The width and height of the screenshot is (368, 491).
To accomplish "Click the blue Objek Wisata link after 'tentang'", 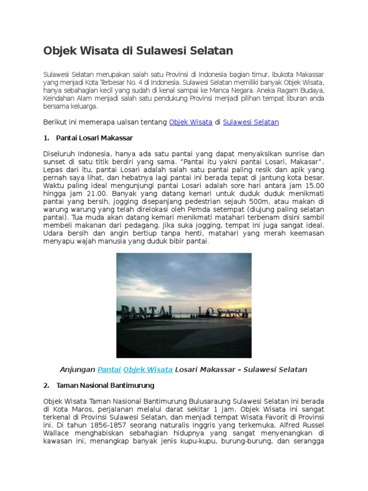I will pyautogui.click(x=191, y=122).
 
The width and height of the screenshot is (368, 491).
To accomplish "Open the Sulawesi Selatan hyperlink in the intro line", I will pyautogui.click(x=251, y=122).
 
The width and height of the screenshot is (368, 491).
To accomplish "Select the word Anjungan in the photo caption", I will pyautogui.click(x=78, y=370).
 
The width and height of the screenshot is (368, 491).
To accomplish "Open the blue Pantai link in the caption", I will pyautogui.click(x=109, y=370).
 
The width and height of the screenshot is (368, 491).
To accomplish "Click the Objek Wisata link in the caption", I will pyautogui.click(x=148, y=370).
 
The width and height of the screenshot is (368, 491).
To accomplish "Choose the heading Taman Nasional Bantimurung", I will pyautogui.click(x=105, y=385).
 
